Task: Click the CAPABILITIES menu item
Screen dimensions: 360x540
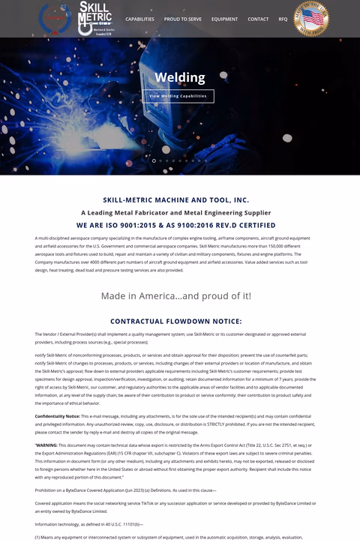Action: [x=139, y=19]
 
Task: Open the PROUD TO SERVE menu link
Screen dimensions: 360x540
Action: [x=183, y=19]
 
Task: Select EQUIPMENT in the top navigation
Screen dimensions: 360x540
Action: [x=224, y=19]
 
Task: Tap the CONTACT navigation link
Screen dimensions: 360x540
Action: [x=258, y=19]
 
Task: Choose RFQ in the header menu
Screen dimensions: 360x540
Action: [x=283, y=19]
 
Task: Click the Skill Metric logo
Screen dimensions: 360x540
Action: [x=95, y=17]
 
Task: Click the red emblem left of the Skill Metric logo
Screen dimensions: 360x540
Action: [x=55, y=17]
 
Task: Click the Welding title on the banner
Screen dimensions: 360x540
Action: [x=180, y=77]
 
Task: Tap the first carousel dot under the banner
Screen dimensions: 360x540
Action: [x=154, y=160]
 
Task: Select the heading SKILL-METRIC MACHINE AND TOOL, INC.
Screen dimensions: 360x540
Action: [x=176, y=200]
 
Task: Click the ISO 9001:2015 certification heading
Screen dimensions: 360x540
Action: [x=176, y=225]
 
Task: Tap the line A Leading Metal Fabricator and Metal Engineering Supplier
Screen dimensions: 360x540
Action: [x=176, y=212]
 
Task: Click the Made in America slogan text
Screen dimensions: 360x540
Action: [x=176, y=295]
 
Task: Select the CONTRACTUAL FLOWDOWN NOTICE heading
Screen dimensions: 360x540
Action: [x=176, y=321]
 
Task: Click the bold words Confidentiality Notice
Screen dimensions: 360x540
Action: [x=57, y=415]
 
